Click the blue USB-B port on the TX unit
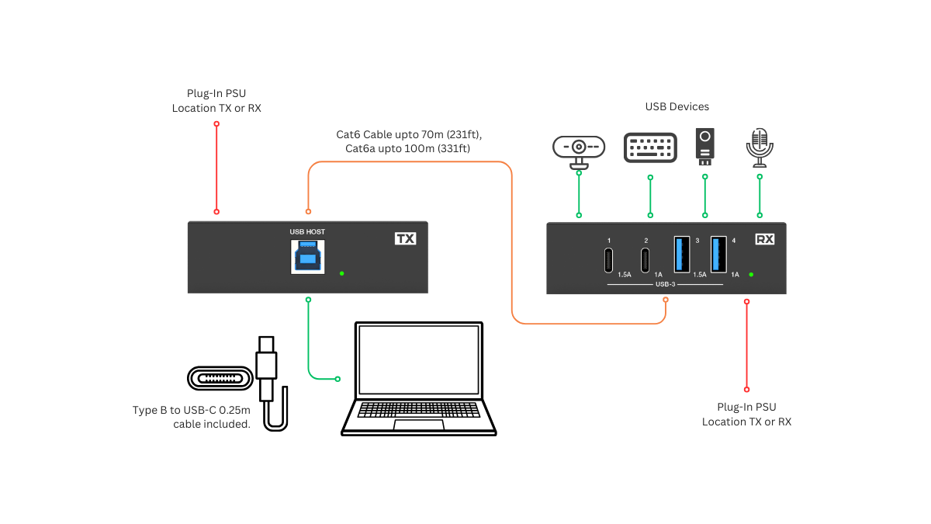coord(308,256)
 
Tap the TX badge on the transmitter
coord(405,239)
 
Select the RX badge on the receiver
coord(764,240)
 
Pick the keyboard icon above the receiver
coord(650,147)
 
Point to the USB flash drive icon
coord(704,146)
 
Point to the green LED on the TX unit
coord(342,273)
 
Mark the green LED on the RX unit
coord(751,274)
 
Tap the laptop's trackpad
coord(419,425)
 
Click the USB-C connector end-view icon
coord(220,379)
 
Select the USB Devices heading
coord(677,106)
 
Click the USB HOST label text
coord(307,231)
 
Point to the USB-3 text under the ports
coord(666,284)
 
